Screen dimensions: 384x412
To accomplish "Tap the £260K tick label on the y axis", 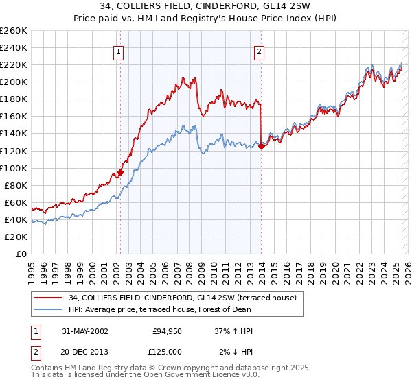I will pyautogui.click(x=13, y=31).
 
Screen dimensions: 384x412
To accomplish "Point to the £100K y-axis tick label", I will pyautogui.click(x=13, y=168).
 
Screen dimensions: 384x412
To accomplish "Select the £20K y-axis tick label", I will pyautogui.click(x=16, y=237).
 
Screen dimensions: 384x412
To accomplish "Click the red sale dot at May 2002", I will pyautogui.click(x=120, y=172).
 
